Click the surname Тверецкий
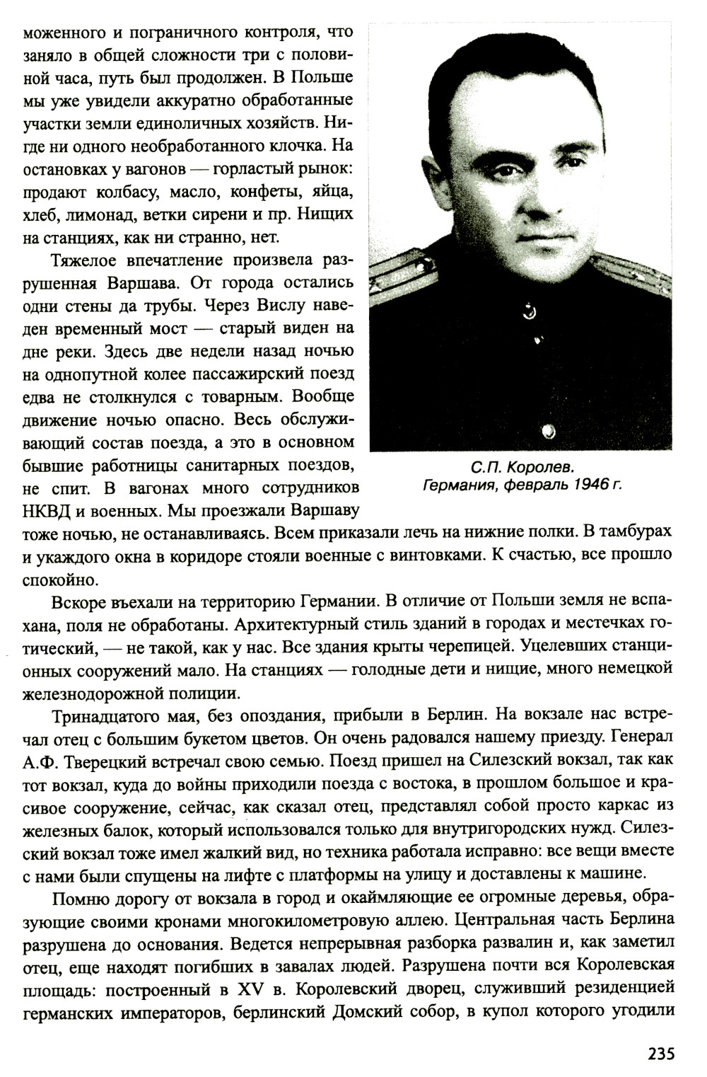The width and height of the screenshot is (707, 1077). tap(98, 761)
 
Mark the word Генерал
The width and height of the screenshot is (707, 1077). tap(641, 737)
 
